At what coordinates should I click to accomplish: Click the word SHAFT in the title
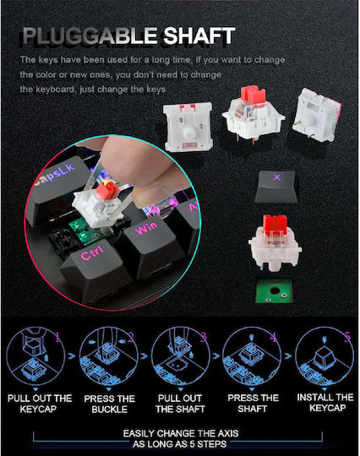pos(199,35)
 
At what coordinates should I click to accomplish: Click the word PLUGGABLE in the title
pos(90,35)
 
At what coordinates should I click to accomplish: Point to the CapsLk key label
pos(55,174)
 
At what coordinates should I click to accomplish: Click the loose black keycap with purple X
pos(275,187)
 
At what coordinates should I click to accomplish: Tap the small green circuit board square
pos(274,290)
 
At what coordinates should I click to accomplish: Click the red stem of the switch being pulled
pos(107,190)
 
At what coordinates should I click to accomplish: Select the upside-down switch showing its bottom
pos(188,127)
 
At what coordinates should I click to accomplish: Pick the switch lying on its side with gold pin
pos(317,115)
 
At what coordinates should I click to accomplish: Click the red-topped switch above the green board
pos(275,243)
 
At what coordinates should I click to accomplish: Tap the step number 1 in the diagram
pos(58,337)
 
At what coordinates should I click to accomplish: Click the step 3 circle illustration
pos(180,356)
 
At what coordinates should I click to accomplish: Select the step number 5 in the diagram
pos(347,336)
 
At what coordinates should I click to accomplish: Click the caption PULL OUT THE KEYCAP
pos(40,404)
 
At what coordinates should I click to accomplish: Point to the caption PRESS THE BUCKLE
pos(109,404)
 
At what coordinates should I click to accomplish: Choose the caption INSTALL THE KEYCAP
pos(325,403)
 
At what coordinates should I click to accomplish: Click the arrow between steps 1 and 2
pos(72,356)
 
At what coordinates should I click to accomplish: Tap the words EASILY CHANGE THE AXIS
pos(181,433)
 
